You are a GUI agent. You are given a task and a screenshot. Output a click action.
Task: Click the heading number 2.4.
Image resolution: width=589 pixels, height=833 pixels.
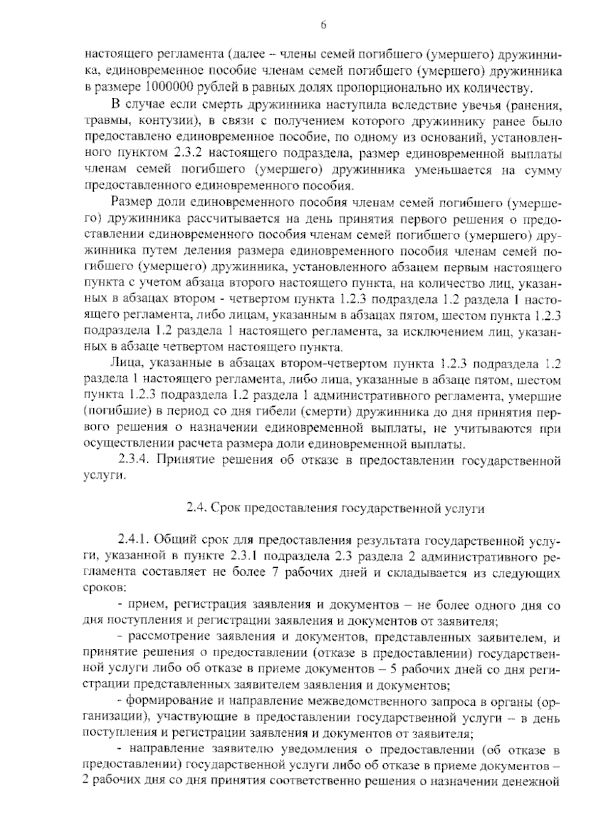tap(197, 509)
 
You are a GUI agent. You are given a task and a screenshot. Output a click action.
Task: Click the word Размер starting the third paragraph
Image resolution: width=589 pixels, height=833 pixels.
tap(129, 202)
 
